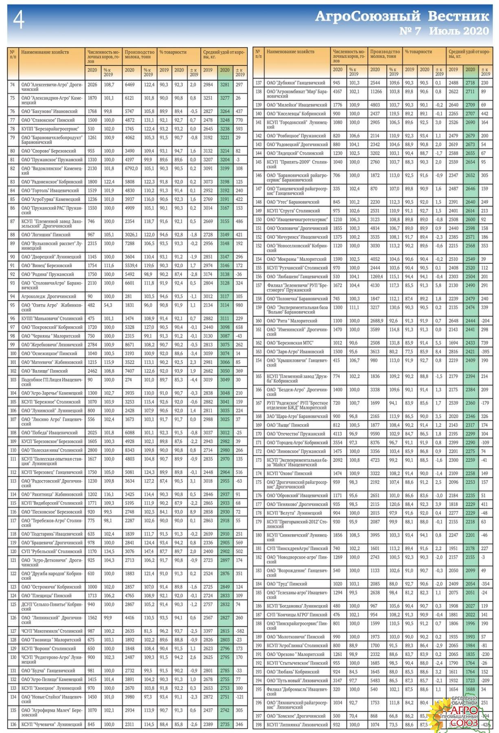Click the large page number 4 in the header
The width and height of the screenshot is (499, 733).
click(19, 19)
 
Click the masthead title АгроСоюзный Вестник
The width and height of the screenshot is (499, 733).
click(402, 16)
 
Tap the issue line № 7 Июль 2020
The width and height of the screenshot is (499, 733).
click(444, 31)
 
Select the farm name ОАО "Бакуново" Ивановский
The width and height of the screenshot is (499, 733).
click(50, 111)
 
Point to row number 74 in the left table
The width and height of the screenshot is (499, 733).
click(13, 85)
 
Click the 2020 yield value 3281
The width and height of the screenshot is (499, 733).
click(225, 85)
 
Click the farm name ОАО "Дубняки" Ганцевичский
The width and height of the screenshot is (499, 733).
click(296, 83)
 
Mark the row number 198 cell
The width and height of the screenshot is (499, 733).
click(258, 725)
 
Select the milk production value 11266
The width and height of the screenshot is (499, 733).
click(376, 92)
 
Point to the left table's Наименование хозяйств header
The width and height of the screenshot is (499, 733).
click(45, 52)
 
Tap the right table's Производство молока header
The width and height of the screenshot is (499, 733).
click(385, 54)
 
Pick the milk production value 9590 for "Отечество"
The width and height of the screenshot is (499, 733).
click(375, 434)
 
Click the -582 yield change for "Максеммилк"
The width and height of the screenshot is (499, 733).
click(239, 631)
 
